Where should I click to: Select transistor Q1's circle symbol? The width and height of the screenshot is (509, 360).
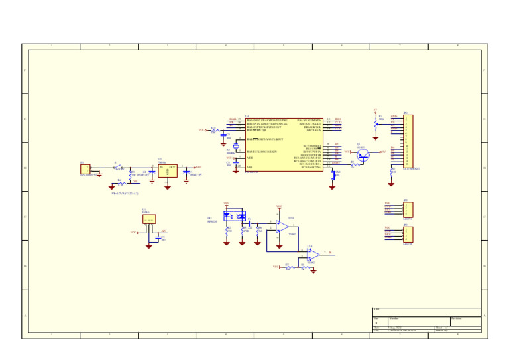(363, 154)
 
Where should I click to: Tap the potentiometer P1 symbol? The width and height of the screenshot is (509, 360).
(376, 123)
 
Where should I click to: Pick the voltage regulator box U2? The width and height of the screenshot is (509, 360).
(168, 170)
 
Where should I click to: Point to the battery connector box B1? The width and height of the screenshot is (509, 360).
(85, 170)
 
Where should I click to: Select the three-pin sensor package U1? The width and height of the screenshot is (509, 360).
(149, 219)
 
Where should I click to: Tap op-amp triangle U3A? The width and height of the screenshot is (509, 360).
(282, 227)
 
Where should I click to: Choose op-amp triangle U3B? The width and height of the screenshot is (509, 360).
(313, 254)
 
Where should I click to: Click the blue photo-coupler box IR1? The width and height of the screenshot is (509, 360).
(235, 215)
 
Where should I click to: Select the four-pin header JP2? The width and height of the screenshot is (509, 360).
(408, 209)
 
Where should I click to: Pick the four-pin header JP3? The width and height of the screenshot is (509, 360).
(408, 234)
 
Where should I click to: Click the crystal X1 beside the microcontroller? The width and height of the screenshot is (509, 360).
(236, 145)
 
